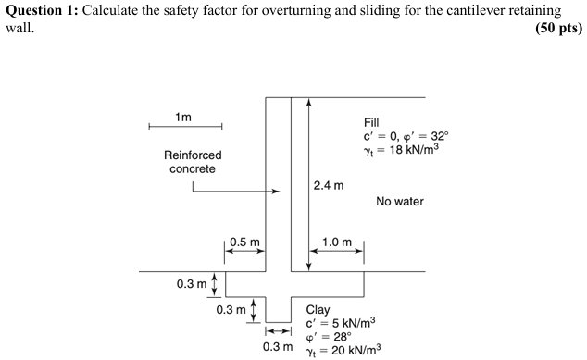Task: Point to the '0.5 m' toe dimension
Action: (244, 242)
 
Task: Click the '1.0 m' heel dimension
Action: (337, 242)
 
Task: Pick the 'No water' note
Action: (400, 201)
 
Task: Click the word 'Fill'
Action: (373, 123)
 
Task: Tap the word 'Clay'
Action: (318, 310)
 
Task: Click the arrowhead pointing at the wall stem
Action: (276, 192)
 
